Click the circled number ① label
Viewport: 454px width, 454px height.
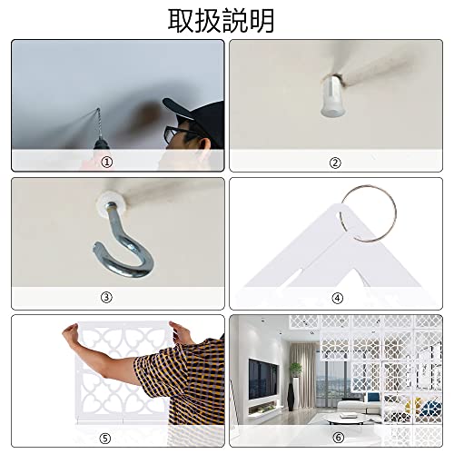[x=106, y=162]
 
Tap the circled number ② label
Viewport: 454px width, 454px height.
[x=335, y=163]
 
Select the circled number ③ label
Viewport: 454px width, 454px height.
[x=106, y=297]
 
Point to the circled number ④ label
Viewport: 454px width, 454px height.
[x=337, y=299]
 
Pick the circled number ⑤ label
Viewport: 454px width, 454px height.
[x=105, y=439]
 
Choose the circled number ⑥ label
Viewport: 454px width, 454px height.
[x=338, y=438]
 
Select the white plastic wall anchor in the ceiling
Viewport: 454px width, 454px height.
[x=333, y=97]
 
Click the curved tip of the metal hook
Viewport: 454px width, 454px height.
[x=96, y=247]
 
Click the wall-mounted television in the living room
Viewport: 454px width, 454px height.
[x=262, y=379]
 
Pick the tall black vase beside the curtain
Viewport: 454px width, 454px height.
[x=291, y=397]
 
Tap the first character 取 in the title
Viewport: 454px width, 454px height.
[x=181, y=21]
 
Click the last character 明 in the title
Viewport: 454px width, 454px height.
[x=262, y=21]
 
